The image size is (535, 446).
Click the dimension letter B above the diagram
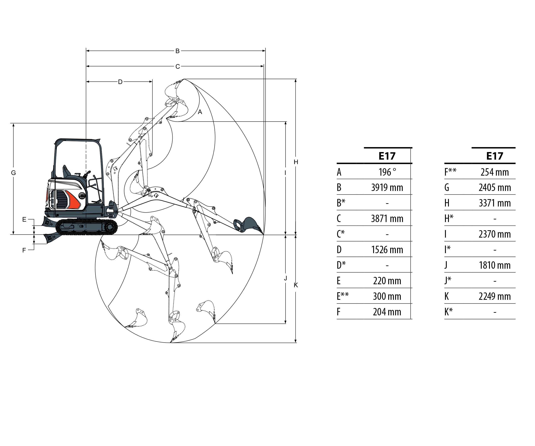[177, 51]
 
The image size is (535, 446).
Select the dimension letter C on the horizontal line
[178, 67]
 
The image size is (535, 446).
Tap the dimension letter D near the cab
[120, 82]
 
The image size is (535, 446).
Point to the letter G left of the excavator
[14, 173]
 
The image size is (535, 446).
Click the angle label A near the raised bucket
[200, 112]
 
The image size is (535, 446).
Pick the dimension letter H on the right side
[296, 162]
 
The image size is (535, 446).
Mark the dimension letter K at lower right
[296, 285]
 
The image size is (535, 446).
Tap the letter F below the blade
[24, 250]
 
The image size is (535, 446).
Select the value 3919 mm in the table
[387, 188]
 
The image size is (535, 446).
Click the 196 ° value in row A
[387, 172]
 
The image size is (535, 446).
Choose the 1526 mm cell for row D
[387, 250]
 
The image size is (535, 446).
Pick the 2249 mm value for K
[494, 296]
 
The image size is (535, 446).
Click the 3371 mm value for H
[494, 203]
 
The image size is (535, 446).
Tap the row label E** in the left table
[343, 296]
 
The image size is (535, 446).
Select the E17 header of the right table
[494, 156]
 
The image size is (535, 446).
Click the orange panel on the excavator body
[73, 199]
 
